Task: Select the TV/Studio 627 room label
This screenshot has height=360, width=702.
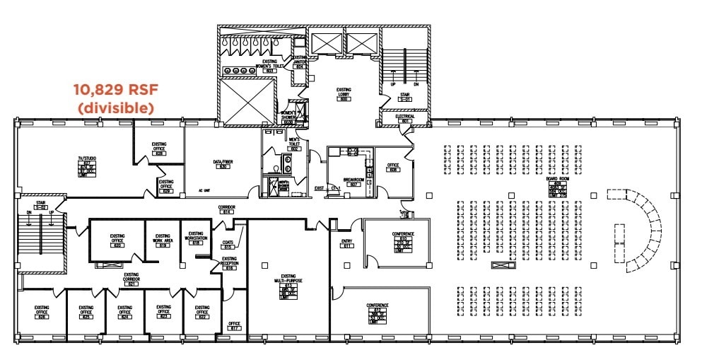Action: tap(86, 163)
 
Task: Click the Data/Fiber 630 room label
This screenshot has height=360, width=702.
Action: tap(223, 163)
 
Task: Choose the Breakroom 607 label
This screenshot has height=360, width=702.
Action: tap(353, 182)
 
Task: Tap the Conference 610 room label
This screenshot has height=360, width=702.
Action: tap(403, 240)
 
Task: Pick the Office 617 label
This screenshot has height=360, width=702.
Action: tap(235, 326)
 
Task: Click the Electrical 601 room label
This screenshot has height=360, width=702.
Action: tap(405, 118)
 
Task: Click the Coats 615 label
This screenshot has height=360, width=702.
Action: tap(228, 245)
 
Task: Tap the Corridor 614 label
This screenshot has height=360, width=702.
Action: tap(228, 209)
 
